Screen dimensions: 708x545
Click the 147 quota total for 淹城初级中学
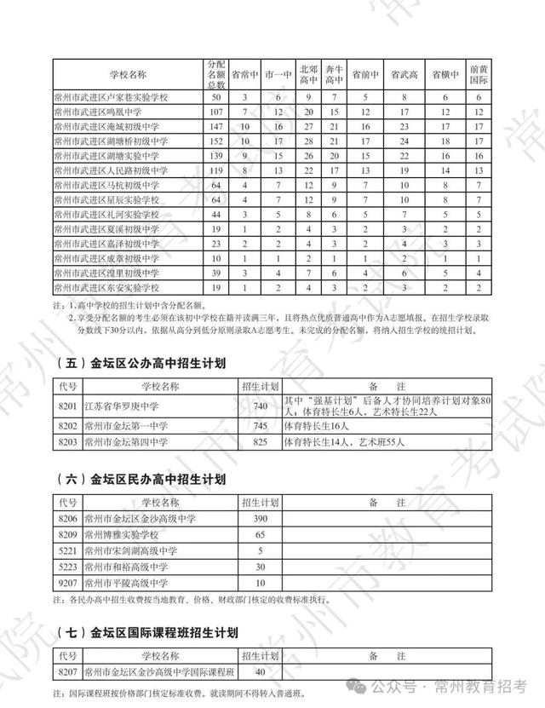[215, 125]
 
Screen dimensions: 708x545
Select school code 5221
[68, 551]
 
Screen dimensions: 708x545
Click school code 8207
[68, 672]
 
